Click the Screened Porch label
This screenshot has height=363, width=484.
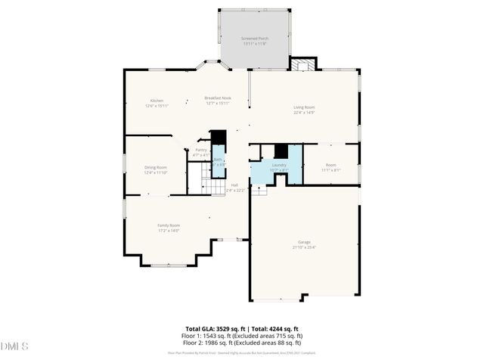pos(255,38)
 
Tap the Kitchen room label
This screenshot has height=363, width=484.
pos(157,101)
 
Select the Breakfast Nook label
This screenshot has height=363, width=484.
pos(218,98)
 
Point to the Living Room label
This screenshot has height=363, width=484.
pos(304,107)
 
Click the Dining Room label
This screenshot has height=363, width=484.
pos(156,167)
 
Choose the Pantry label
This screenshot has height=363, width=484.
pos(200,150)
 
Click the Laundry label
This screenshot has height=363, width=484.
pos(278,165)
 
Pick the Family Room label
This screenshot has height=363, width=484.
pos(169,225)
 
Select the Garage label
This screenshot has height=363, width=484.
pos(303,242)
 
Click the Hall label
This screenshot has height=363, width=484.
pos(234,185)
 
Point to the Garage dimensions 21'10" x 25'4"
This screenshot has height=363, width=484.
pos(303,247)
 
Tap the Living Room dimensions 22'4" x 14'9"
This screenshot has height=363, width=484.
pos(304,113)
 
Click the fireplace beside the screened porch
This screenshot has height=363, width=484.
pos(302,65)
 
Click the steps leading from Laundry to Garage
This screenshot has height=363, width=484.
pos(259,190)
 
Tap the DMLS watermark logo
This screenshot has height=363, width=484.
pos(15,346)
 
